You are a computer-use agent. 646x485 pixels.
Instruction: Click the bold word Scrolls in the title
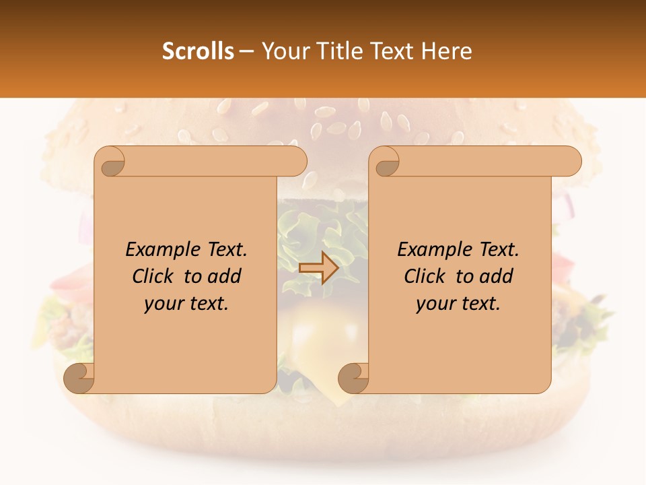(x=198, y=51)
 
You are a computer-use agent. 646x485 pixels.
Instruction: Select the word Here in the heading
(x=447, y=51)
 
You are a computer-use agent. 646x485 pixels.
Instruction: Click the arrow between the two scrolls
(x=318, y=267)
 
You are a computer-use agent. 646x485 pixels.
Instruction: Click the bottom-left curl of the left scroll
(x=79, y=379)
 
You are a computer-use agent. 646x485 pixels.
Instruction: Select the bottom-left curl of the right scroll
(x=353, y=379)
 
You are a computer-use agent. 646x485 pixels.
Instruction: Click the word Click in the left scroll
(x=153, y=277)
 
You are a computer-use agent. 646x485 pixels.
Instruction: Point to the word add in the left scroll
(x=225, y=277)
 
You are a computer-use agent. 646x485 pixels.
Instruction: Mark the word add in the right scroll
(x=497, y=277)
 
